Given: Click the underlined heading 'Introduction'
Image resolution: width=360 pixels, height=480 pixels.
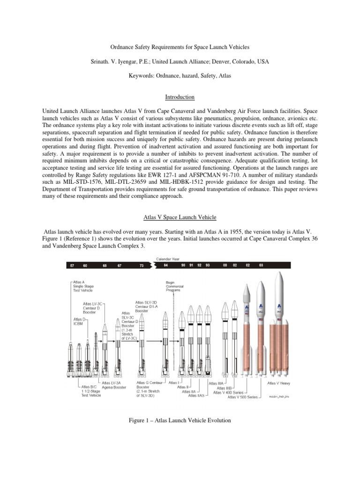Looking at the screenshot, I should tap(180, 97).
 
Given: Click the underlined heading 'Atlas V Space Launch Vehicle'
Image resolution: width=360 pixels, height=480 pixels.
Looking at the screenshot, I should tap(180, 217).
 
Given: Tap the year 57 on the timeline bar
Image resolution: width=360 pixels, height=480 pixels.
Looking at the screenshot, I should tap(72, 265).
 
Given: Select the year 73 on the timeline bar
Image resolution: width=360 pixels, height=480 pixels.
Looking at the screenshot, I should tap(141, 265).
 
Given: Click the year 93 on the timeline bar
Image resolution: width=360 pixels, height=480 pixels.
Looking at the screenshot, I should tap(207, 265).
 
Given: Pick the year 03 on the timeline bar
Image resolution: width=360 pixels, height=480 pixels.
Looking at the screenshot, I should tap(261, 265).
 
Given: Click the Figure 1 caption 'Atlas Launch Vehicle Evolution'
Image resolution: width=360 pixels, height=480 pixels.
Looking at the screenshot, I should tap(180, 421).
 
